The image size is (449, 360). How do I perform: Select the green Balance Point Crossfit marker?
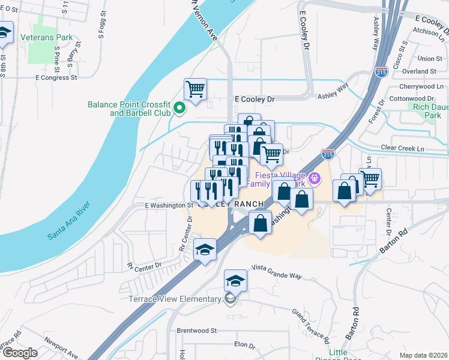(x=179, y=109)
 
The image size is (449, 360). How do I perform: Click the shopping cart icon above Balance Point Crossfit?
(x=195, y=90)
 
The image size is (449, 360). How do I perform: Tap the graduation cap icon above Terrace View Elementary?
(x=235, y=280)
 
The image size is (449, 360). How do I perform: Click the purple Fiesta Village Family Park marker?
(x=313, y=178)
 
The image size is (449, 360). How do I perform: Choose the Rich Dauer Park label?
(x=427, y=111)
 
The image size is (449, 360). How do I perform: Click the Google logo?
(x=20, y=352)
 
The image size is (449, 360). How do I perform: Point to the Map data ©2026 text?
(x=423, y=355)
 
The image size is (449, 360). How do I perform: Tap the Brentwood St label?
(x=196, y=331)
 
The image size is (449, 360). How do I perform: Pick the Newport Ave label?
(x=60, y=348)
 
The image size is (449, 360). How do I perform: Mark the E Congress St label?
(x=56, y=77)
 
